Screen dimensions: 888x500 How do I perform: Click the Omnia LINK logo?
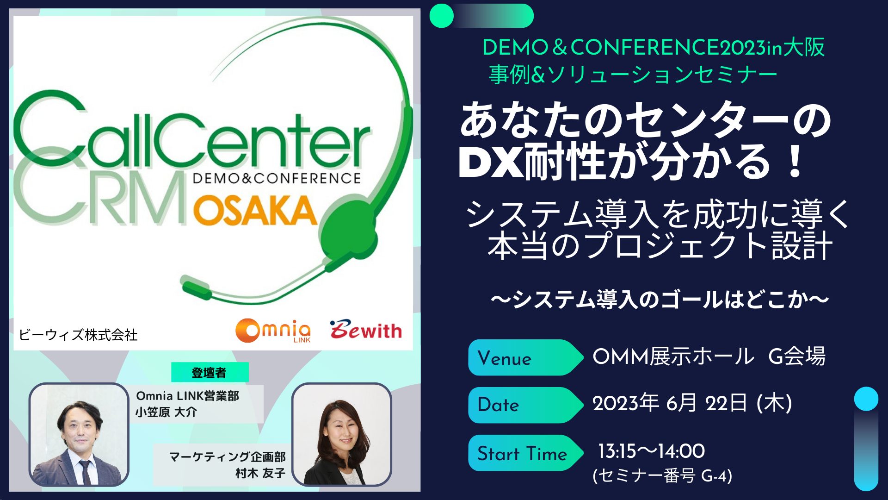point(273,331)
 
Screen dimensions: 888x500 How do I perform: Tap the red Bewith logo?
point(366,330)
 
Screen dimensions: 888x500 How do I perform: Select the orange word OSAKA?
point(255,211)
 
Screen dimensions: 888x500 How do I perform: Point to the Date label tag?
point(525,405)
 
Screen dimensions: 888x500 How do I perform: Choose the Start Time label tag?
point(525,453)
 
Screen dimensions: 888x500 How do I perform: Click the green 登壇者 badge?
point(210,372)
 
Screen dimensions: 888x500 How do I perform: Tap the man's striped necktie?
point(85,472)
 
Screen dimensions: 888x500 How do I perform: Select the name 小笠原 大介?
point(166,412)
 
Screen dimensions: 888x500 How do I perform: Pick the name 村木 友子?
point(260,473)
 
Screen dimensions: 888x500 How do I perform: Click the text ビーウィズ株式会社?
point(78,335)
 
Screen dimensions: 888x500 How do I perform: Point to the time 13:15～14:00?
point(651,451)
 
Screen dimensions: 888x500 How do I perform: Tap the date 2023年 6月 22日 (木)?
point(692,403)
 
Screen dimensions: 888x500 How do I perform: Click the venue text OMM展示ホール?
point(673,356)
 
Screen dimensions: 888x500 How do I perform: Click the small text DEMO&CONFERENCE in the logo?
point(277,178)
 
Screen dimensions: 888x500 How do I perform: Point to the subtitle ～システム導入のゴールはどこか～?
point(660,299)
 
